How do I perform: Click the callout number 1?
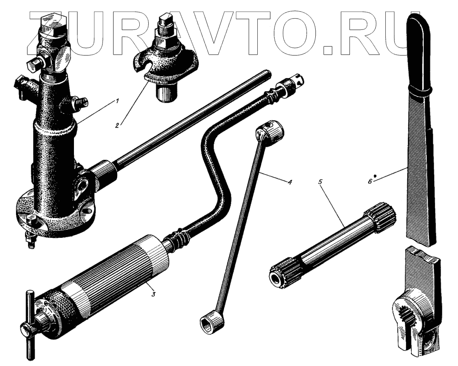point(117,101)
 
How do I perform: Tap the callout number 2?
point(117,126)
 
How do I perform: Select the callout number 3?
point(153,294)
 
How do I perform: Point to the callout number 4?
point(289,182)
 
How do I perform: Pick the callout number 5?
point(320,181)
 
